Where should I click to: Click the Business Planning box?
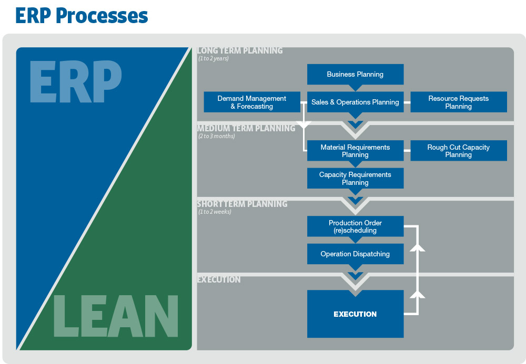355,74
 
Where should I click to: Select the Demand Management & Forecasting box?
252,102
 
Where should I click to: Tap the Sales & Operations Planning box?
355,102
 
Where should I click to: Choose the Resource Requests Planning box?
458,102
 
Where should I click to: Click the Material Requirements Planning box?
355,151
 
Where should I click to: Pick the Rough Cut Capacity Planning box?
458,151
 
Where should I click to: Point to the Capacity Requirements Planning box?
355,179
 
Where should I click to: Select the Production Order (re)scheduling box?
355,226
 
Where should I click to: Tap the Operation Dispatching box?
355,254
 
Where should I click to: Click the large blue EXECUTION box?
355,314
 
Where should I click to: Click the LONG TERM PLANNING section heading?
240,51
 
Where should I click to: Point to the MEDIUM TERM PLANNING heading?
246,128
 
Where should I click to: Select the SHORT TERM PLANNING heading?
242,204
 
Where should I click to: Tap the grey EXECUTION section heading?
219,279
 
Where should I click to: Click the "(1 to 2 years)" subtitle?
214,59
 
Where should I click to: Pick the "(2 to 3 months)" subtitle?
217,136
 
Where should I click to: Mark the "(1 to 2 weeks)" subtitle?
215,212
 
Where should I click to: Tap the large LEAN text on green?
116,317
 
